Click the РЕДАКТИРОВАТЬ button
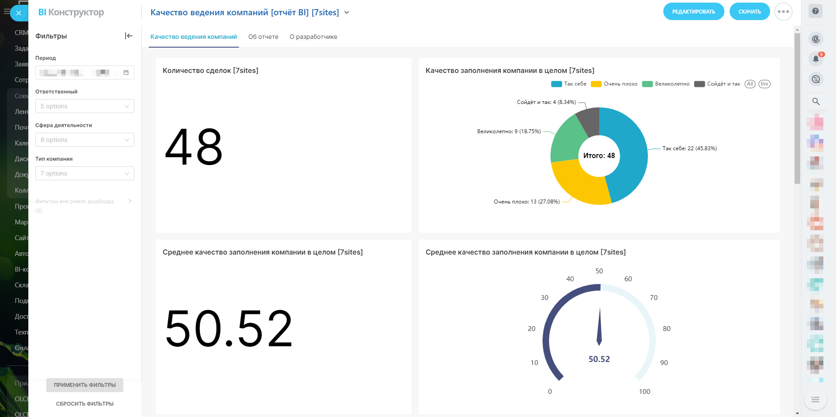click(x=693, y=12)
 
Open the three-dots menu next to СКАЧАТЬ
click(x=783, y=12)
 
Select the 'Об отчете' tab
click(x=263, y=37)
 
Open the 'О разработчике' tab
click(x=313, y=37)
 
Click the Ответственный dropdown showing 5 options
click(x=85, y=106)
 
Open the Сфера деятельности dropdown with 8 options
click(x=85, y=140)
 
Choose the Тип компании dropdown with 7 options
click(x=85, y=173)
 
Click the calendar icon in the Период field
click(x=126, y=72)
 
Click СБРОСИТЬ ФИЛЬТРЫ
click(x=85, y=404)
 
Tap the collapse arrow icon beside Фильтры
click(x=129, y=36)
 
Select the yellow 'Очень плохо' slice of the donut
click(x=580, y=183)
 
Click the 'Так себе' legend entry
click(x=570, y=84)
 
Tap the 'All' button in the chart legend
click(x=750, y=84)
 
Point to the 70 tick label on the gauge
click(x=653, y=298)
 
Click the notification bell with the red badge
click(x=816, y=59)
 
